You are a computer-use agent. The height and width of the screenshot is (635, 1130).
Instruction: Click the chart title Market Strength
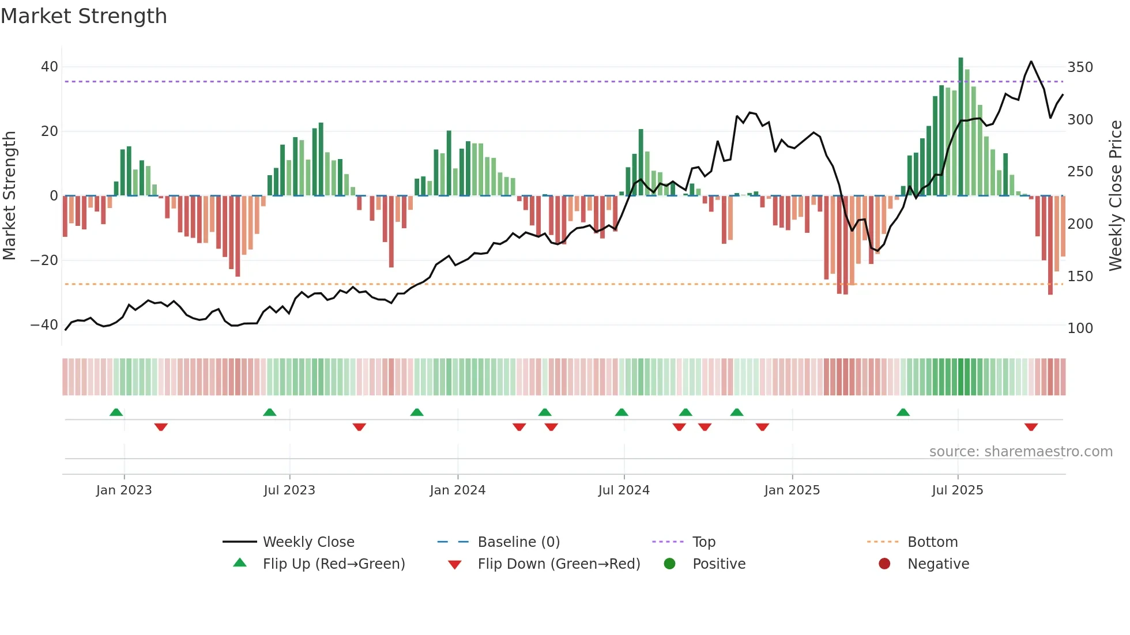tap(84, 16)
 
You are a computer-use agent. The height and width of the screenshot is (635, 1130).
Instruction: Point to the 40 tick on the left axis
tap(49, 67)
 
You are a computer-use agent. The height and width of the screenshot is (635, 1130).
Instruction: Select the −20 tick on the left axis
tap(44, 260)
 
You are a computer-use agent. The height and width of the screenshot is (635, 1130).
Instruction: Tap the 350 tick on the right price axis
tap(1080, 67)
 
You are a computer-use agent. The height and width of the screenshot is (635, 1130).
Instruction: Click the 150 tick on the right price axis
tap(1080, 277)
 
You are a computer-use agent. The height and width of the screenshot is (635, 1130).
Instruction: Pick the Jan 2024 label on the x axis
tap(457, 490)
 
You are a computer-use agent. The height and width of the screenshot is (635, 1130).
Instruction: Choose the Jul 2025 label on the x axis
tap(957, 490)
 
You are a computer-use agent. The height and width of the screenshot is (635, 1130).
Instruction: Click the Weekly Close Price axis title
tap(1116, 196)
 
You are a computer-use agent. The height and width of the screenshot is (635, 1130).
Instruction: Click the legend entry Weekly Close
tap(308, 542)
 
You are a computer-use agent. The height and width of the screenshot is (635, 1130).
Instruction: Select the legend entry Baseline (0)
tap(518, 542)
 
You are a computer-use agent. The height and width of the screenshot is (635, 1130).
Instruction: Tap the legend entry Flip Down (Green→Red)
tap(559, 564)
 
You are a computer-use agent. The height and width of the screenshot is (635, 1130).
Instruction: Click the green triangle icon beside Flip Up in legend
tap(240, 563)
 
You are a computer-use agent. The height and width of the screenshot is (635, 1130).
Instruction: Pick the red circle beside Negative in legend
tap(884, 564)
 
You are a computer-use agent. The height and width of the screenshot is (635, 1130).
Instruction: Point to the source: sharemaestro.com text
tap(1020, 452)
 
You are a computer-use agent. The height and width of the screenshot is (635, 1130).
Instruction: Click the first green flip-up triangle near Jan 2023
tap(116, 413)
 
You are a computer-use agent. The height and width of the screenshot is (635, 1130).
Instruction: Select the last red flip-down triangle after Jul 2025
tap(1031, 427)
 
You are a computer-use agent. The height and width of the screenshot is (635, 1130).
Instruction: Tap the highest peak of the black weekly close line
tap(1031, 62)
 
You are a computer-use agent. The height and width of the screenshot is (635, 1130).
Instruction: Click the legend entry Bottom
tap(932, 542)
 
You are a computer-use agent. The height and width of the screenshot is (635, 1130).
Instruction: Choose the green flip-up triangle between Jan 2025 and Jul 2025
tap(903, 413)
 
